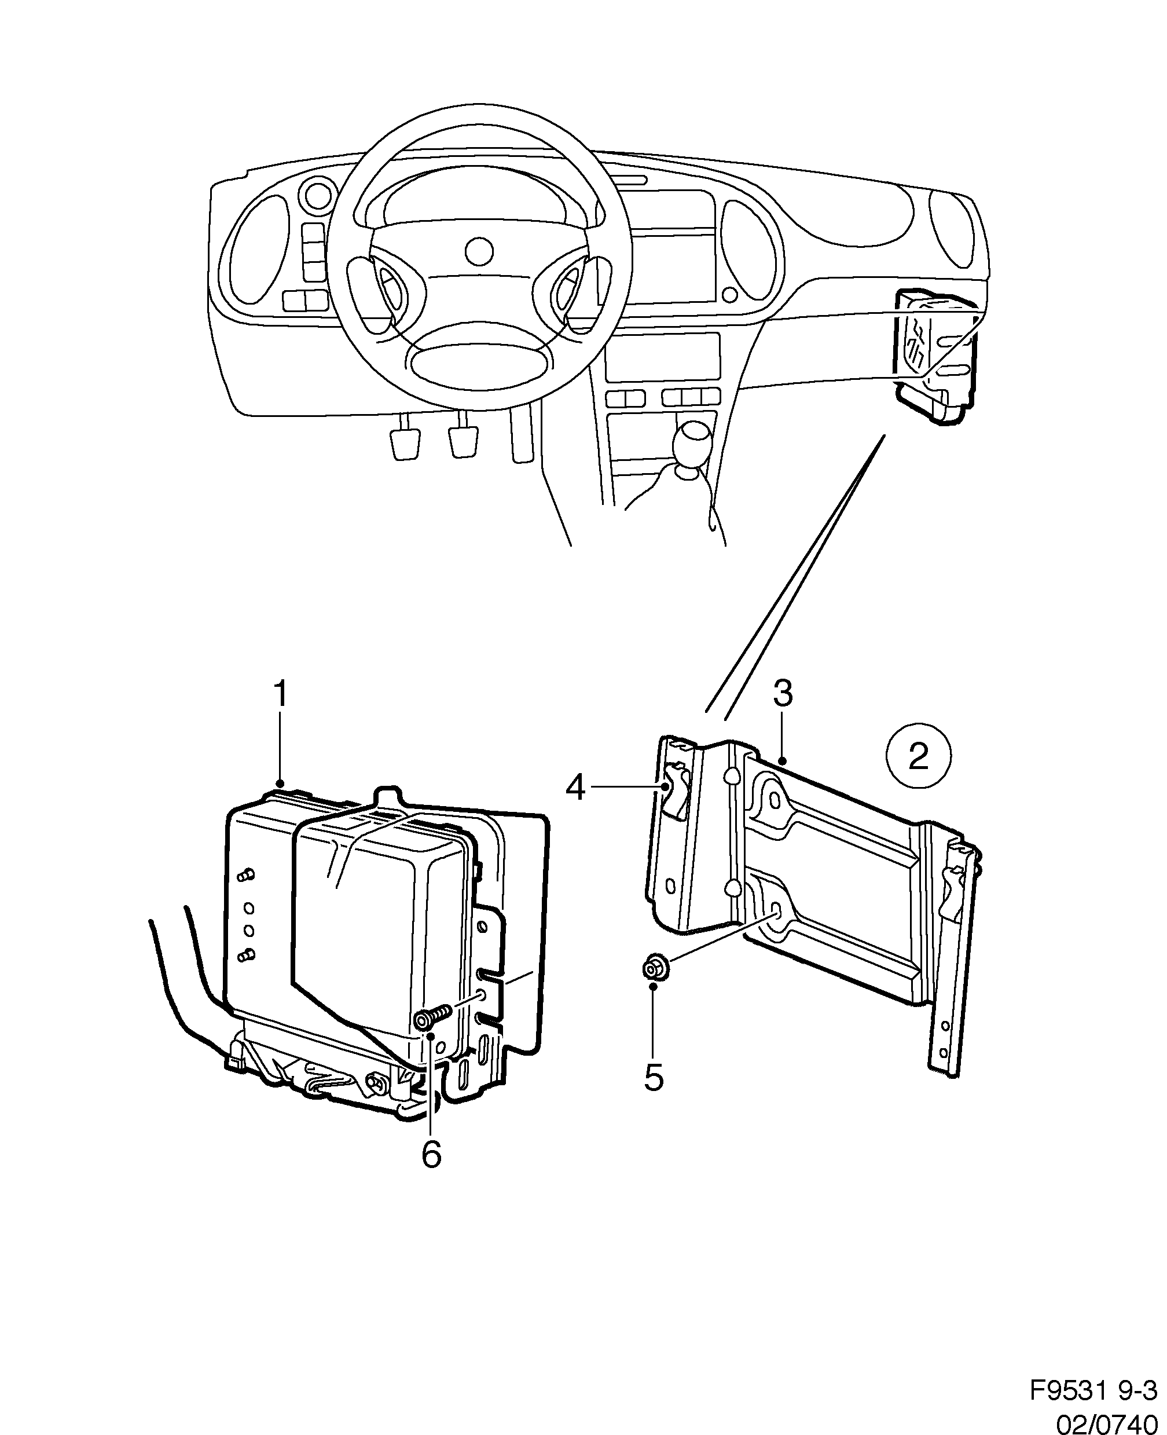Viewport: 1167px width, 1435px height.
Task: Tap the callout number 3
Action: click(783, 693)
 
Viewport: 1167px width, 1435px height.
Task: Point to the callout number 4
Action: click(575, 787)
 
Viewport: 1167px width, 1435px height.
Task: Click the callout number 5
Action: click(654, 1077)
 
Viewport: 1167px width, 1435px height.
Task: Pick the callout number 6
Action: click(431, 1154)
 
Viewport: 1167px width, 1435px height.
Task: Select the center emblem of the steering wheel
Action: click(479, 251)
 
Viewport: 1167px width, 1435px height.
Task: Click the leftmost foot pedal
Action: click(405, 444)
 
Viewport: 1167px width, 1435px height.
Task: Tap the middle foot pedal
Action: click(463, 442)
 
